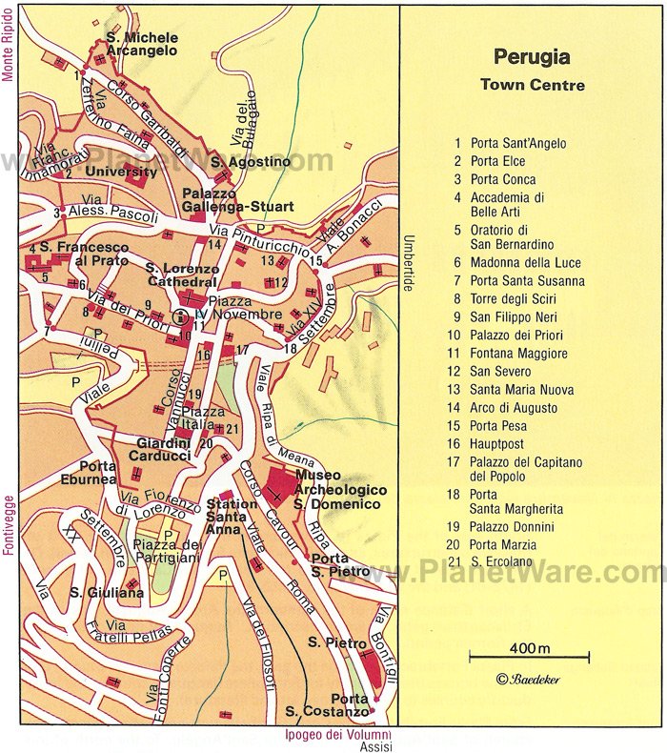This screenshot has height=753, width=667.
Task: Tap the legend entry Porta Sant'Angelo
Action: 518,144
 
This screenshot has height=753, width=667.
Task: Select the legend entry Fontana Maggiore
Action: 517,354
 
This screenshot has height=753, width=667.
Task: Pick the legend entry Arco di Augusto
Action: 515,407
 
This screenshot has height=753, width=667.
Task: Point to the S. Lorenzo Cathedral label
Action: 181,275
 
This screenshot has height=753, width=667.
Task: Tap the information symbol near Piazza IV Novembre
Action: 179,319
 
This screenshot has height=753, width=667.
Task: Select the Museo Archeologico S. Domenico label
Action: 339,489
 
